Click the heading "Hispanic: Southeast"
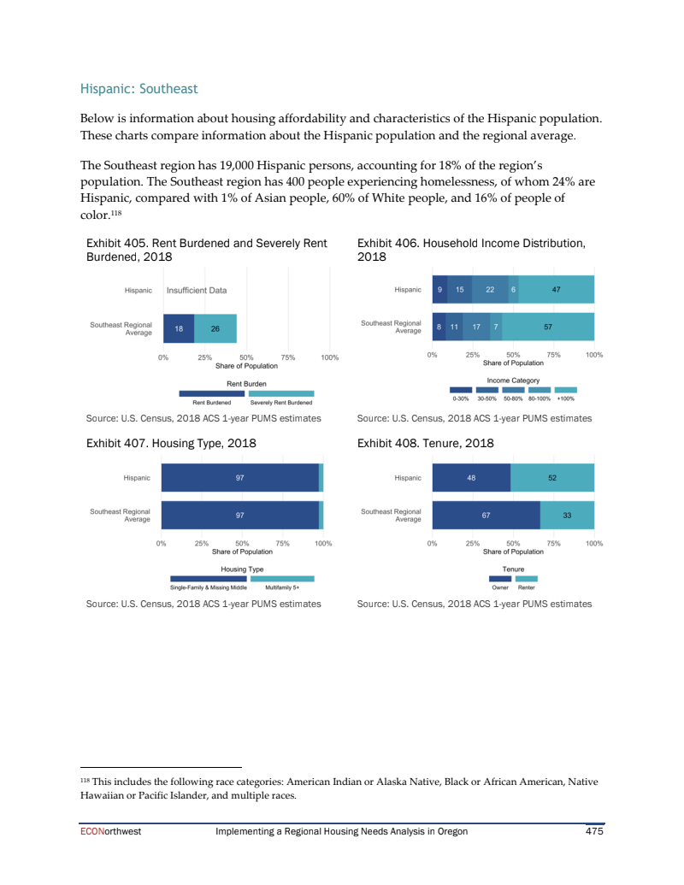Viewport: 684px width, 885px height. click(139, 88)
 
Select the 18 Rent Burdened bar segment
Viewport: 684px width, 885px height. click(178, 328)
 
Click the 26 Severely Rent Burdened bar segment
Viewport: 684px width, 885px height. click(215, 328)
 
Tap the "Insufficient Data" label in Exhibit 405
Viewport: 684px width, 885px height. click(197, 290)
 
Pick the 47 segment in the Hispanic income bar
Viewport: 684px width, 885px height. click(556, 290)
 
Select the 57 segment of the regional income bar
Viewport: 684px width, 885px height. click(548, 327)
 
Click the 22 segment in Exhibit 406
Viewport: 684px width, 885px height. click(490, 290)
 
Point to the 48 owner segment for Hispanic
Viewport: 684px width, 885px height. click(471, 478)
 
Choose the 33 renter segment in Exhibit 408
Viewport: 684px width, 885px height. click(567, 516)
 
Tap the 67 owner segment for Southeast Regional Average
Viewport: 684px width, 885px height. click(486, 516)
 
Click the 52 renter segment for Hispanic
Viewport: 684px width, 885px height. click(552, 478)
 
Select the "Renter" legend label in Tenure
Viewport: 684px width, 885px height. click(527, 587)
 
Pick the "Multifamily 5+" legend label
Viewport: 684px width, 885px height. click(282, 587)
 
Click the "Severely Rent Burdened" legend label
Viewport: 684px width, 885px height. click(281, 403)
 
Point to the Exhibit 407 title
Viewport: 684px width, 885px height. click(171, 443)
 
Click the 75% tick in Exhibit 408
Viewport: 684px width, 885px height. click(553, 543)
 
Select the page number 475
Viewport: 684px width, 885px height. click(594, 831)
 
